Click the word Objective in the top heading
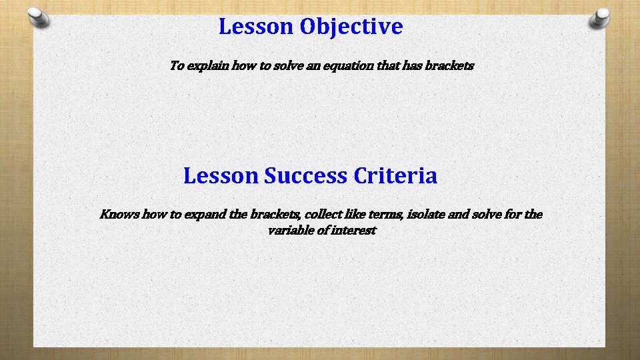[351, 27]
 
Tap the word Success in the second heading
[305, 176]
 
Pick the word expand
[207, 215]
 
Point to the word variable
[289, 231]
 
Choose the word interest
[353, 231]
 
